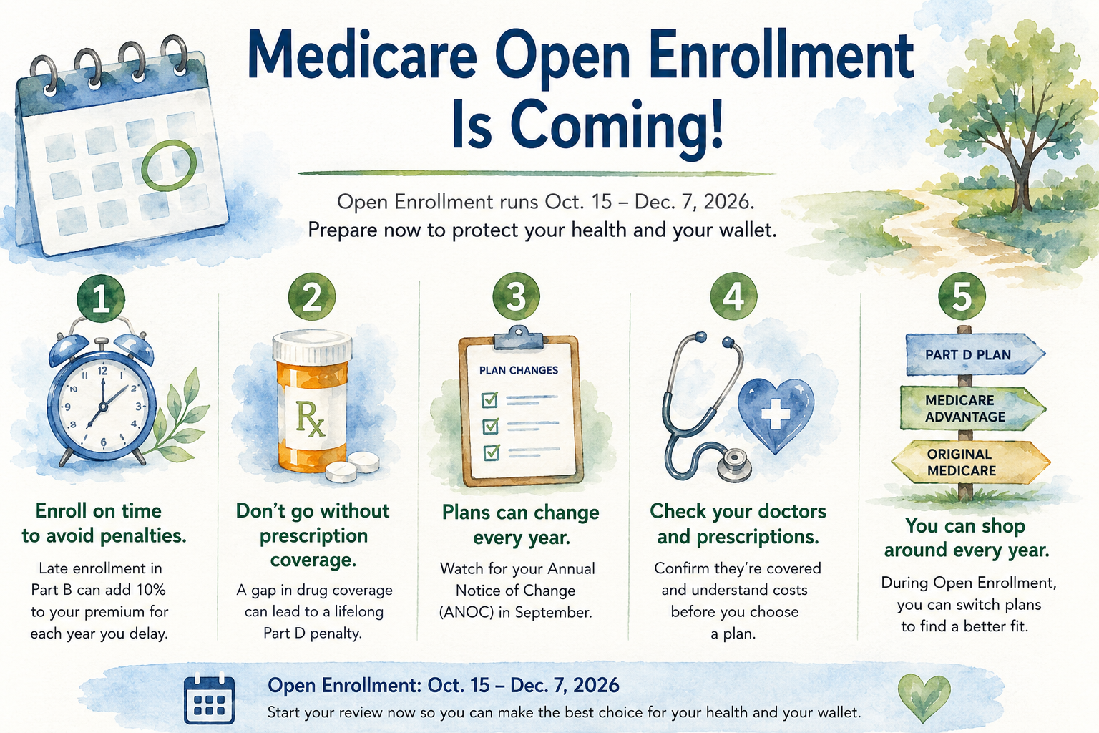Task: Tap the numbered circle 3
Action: point(516,297)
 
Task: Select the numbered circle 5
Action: point(962,296)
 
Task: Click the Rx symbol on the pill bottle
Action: point(310,419)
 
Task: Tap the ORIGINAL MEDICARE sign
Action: point(970,462)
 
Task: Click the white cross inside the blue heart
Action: point(775,414)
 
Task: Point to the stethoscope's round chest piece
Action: point(735,463)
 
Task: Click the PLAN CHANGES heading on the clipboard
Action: point(519,370)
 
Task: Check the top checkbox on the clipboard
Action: point(489,400)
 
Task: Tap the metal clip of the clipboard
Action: point(519,338)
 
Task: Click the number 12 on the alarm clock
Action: point(102,372)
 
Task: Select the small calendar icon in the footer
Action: point(209,699)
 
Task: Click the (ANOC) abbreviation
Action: point(467,612)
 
